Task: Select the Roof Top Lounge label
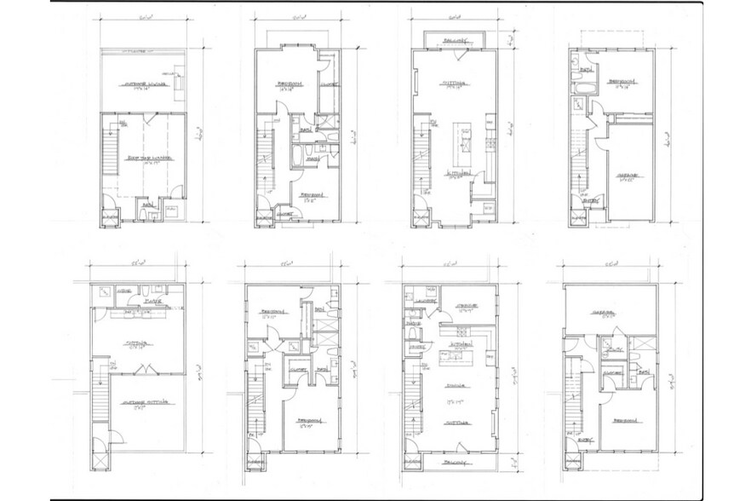point(144,158)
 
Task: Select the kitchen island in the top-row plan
point(464,146)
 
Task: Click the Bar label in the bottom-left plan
point(151,301)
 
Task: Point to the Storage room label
point(464,305)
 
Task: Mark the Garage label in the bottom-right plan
point(608,312)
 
